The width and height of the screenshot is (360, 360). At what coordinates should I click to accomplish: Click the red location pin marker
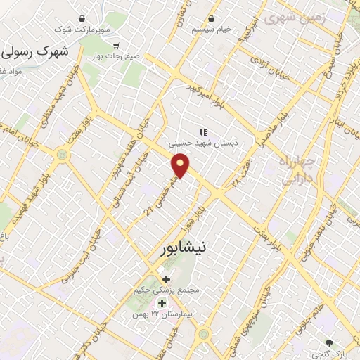coord(181,166)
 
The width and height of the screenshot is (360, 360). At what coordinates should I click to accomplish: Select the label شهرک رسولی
coord(37,53)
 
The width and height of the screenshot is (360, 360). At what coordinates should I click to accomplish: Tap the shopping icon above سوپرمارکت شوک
coord(82,18)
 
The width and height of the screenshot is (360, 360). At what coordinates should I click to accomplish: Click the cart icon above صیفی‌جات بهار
coord(125,45)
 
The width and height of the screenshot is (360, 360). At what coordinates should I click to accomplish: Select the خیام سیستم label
coord(213,30)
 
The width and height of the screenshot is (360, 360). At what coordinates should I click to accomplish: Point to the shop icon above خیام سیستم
coord(213,18)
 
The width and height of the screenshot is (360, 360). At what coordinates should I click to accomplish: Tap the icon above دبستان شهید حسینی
coord(204,131)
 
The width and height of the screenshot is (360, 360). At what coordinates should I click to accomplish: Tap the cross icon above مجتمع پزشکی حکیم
coord(166,279)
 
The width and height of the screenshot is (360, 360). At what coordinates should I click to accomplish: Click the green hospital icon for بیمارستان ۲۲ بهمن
coord(162,303)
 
